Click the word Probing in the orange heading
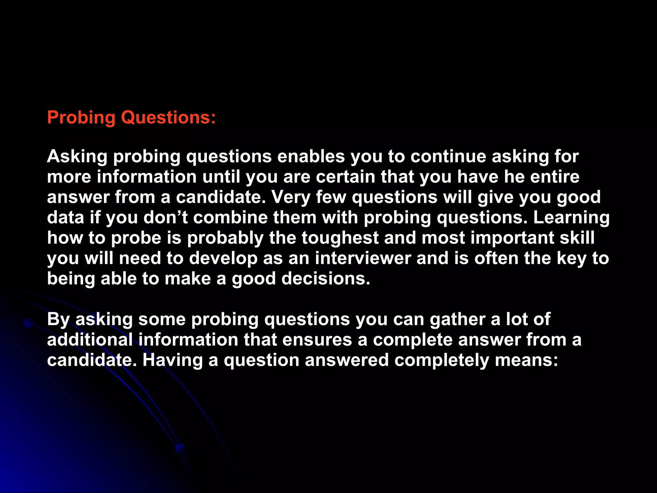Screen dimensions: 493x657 point(81,118)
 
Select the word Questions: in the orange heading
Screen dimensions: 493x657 point(168,118)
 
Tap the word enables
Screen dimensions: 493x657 point(311,157)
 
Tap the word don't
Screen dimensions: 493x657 point(166,218)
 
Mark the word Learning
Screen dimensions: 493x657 point(571,218)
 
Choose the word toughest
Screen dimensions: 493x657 point(340,238)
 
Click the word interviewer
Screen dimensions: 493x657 point(363,259)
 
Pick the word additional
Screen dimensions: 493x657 point(90,340)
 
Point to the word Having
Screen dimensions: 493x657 point(173,360)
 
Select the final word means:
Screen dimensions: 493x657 point(526,360)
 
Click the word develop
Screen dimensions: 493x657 point(223,259)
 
